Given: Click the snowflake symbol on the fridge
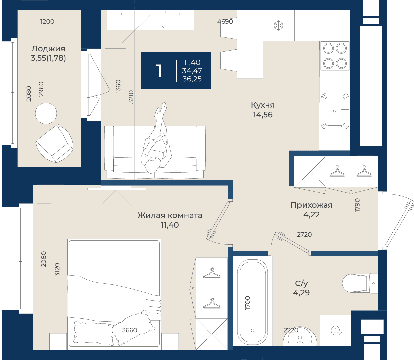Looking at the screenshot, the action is pos(278,26).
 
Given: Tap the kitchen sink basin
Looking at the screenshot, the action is pos(335,111).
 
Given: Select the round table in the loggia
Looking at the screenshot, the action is pos(46,113).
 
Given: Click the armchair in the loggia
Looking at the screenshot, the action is pos(54,143).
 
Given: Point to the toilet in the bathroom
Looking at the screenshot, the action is pos(360,283).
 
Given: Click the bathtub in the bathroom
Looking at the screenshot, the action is pos(253,301).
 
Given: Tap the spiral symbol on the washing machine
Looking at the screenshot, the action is pos(336,331).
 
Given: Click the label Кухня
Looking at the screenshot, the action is pos(263,105).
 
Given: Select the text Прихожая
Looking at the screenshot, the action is pos(311,205).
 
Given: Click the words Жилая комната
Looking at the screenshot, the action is pos(170,215).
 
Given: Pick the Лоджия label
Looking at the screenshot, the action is pos(48,49).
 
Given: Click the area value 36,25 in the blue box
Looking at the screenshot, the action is pos(192,79).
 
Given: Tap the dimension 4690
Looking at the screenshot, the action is pos(225,21).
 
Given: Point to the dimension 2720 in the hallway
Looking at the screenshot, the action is pos(304,235).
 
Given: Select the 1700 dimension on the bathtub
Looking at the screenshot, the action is pos(248,303).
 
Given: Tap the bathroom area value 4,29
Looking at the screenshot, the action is pos(301,292).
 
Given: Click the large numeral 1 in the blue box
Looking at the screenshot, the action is pos(159,71).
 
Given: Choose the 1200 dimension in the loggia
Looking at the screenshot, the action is pos(47,21).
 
